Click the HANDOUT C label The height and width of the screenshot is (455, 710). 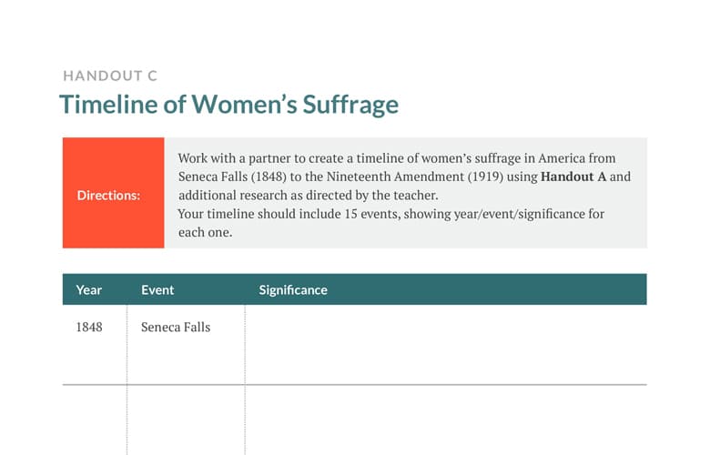[x=110, y=76]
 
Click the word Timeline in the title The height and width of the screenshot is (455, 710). [x=109, y=104]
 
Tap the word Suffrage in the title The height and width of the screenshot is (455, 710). [x=350, y=105]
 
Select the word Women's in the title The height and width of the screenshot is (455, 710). [x=245, y=104]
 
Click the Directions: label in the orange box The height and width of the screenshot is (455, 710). [x=108, y=195]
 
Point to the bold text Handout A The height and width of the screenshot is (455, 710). [x=573, y=177]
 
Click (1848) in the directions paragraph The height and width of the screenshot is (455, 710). [x=269, y=177]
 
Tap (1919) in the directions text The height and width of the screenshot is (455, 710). [x=485, y=177]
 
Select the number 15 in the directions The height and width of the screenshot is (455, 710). [x=351, y=214]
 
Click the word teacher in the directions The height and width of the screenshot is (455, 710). [x=415, y=195]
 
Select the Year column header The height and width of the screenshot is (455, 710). [x=89, y=289]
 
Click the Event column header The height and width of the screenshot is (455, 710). [x=157, y=289]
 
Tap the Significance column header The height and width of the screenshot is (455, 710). [x=293, y=289]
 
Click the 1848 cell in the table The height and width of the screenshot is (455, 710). [x=89, y=327]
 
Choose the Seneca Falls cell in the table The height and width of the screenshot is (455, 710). [x=176, y=327]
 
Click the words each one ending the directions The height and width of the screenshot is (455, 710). [x=205, y=232]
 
